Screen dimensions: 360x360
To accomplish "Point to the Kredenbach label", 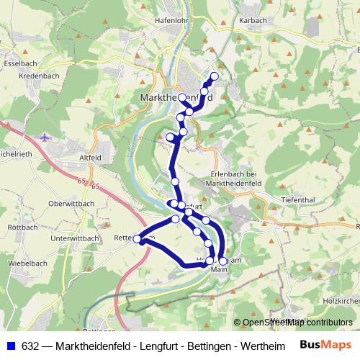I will (x=39, y=76).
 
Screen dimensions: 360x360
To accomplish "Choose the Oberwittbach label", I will (x=71, y=204).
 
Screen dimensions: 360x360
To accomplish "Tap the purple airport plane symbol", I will (x=47, y=137).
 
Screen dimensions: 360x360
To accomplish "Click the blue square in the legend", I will (x=10, y=346).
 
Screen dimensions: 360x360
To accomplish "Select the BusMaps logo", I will (x=325, y=345).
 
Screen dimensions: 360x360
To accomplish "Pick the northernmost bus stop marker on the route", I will (x=214, y=76).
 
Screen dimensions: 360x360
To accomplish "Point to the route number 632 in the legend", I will (x=32, y=346).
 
